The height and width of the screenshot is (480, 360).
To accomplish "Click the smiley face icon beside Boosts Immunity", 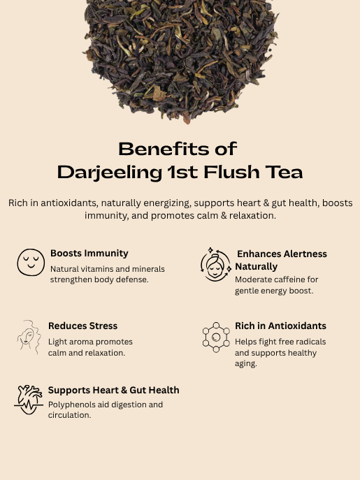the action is (31, 262).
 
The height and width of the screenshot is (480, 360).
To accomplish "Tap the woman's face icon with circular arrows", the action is (216, 265).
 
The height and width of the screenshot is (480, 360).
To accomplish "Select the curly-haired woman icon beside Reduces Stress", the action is (29, 337).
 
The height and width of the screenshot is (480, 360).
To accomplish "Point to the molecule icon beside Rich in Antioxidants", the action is (216, 337).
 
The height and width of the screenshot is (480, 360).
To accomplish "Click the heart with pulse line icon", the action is (29, 400).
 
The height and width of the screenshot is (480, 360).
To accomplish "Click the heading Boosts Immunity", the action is (89, 253).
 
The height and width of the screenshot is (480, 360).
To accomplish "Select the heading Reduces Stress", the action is (82, 326).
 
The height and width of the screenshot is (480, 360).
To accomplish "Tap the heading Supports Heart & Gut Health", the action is (114, 390).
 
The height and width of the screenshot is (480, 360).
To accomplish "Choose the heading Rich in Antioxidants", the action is (280, 326).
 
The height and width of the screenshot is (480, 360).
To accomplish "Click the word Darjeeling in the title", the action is (109, 173).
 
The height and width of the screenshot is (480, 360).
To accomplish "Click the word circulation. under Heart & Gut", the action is (69, 415).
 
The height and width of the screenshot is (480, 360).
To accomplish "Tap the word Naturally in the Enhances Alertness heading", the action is (256, 267).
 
